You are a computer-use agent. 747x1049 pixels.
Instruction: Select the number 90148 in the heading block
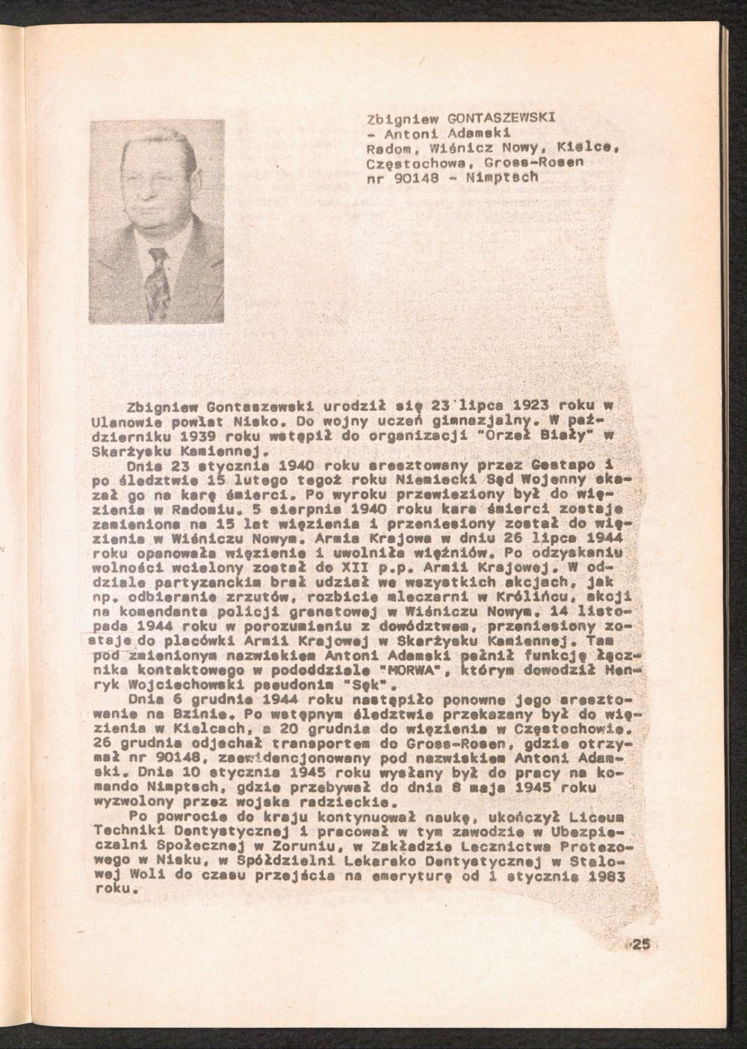pyautogui.click(x=410, y=178)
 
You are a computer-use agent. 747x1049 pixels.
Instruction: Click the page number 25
pyautogui.click(x=640, y=944)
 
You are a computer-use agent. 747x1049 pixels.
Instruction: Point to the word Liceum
pyautogui.click(x=611, y=817)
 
